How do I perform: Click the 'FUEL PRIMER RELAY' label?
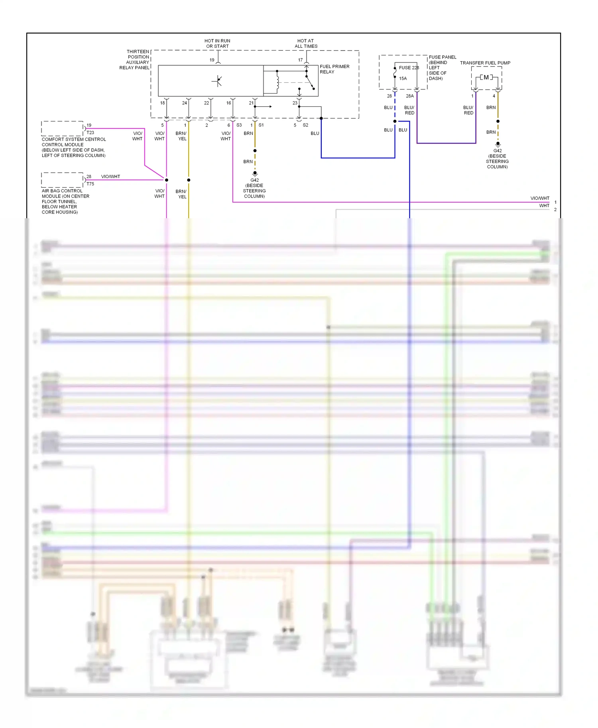[x=334, y=69]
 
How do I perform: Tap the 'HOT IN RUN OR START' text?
[x=217, y=43]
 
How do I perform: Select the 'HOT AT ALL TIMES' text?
[x=306, y=43]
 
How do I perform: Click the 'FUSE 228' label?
[x=409, y=68]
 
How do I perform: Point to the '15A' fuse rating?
[x=403, y=78]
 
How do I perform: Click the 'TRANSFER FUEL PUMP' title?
[x=485, y=63]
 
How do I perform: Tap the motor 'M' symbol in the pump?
[x=486, y=77]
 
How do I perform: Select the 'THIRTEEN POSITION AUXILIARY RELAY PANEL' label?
[x=135, y=60]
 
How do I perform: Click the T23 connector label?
[x=90, y=133]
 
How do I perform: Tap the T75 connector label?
[x=90, y=184]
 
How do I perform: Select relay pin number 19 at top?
[x=212, y=60]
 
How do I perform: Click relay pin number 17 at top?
[x=300, y=60]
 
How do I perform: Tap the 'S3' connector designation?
[x=239, y=125]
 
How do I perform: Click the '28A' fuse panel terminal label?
[x=410, y=96]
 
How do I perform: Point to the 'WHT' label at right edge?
[x=544, y=205]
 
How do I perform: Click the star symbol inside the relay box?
[x=217, y=81]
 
